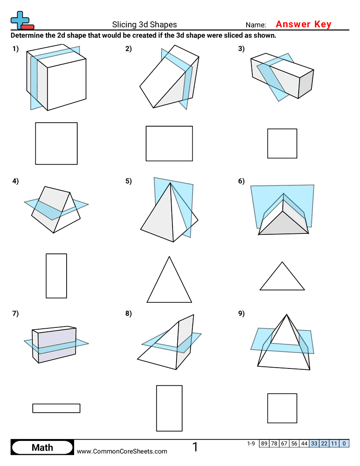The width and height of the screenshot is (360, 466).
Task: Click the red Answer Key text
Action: click(303, 24)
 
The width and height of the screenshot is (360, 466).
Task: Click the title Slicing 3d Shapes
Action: click(144, 25)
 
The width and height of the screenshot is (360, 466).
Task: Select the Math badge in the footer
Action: click(42, 447)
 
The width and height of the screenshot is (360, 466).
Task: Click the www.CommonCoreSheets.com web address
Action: click(122, 451)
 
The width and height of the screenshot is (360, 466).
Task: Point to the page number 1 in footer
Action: click(195, 447)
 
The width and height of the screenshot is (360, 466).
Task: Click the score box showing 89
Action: click(264, 443)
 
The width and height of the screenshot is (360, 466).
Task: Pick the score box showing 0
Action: click(344, 443)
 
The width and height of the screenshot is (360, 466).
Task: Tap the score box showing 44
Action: click(304, 443)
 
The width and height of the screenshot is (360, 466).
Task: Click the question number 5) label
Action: click(128, 180)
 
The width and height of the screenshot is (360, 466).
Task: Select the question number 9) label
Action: click(241, 314)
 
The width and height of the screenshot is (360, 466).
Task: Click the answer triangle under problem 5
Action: click(169, 282)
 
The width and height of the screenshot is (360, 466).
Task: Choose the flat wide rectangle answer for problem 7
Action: click(56, 408)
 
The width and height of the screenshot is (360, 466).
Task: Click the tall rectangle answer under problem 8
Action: click(169, 408)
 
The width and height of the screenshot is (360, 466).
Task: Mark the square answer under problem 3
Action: click(282, 143)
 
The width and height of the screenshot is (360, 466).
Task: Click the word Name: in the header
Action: click(255, 25)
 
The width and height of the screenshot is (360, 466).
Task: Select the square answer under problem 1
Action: click(56, 143)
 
